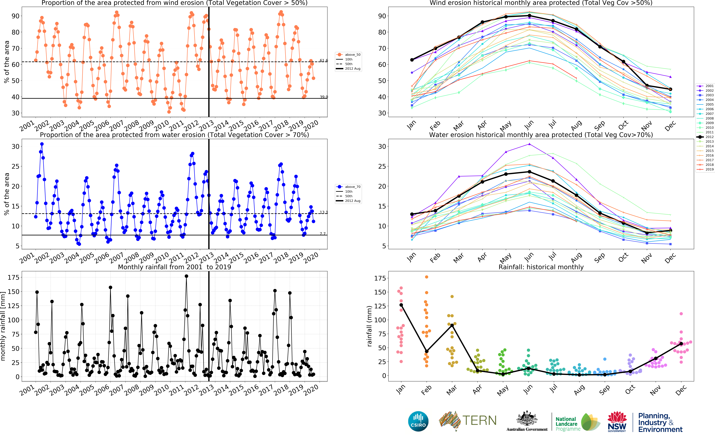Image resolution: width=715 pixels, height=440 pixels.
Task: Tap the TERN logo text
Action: point(479,420)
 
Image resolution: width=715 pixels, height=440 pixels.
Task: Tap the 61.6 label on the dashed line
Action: point(324,61)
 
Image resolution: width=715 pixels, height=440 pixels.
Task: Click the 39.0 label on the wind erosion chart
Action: point(324,97)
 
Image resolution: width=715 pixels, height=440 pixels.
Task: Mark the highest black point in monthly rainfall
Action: point(186,276)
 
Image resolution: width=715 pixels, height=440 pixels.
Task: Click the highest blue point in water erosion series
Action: point(42,144)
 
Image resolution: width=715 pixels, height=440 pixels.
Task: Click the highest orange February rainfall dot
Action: point(427,277)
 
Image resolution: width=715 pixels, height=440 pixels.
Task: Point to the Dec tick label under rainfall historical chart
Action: point(681,390)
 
